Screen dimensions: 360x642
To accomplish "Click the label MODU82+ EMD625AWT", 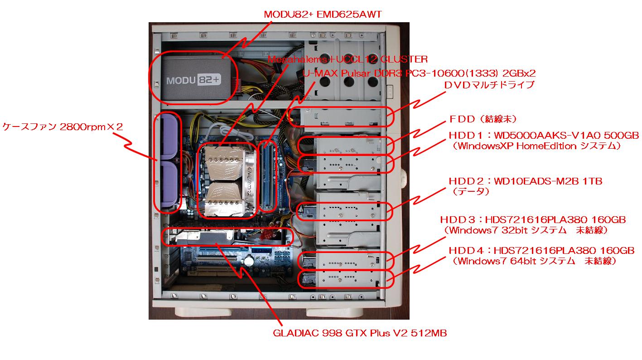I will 323,15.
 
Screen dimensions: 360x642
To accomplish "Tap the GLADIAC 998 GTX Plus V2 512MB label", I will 360,333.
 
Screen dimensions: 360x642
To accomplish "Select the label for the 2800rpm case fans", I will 63,127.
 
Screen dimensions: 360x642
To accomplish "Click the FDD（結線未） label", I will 483,119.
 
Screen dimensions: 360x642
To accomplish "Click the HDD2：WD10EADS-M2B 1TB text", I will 525,181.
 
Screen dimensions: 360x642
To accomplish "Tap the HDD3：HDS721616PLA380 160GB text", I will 533,219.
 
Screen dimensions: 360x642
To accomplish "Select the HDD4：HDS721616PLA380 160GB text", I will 541,250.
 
